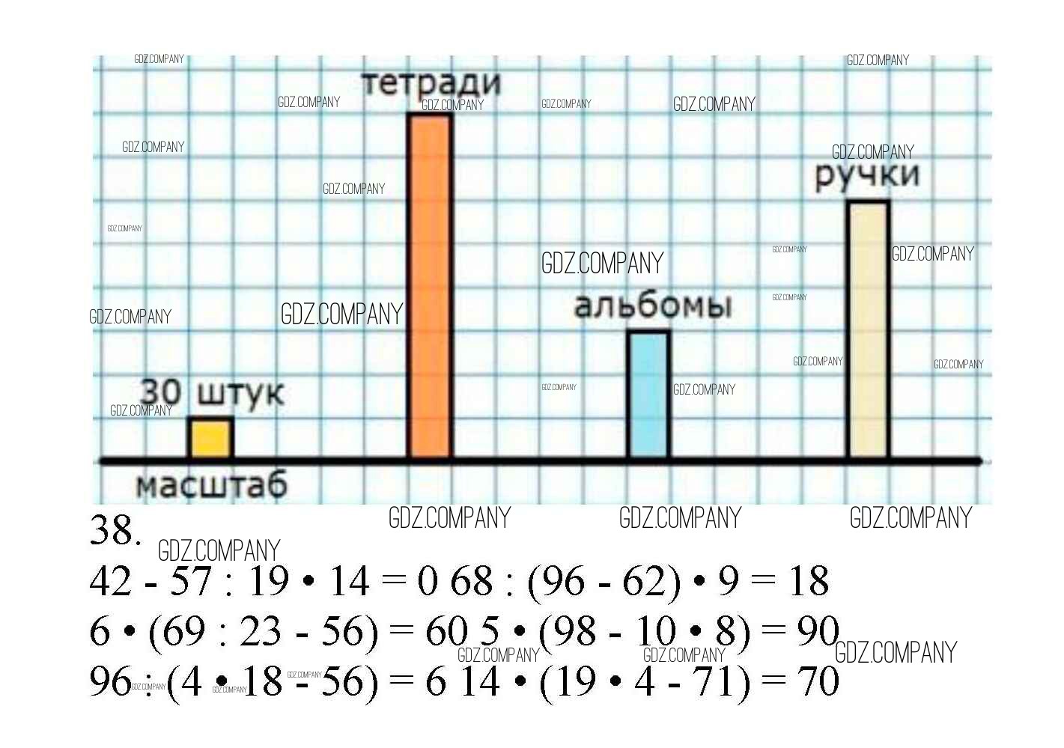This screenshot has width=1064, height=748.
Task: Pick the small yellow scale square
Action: [x=210, y=437]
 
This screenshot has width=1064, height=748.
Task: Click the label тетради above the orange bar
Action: [x=431, y=82]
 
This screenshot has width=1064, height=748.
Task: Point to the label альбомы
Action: [x=652, y=305]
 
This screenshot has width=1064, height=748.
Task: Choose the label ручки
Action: [x=867, y=175]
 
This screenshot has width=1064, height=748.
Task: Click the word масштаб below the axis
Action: [x=211, y=485]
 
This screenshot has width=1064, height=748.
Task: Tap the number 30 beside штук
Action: [x=161, y=392]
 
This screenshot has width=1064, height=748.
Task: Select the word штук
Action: [x=240, y=394]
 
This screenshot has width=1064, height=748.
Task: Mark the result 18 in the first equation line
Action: [x=809, y=581]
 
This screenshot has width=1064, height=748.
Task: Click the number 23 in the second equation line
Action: [x=260, y=631]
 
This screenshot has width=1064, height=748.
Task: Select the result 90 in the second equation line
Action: [x=817, y=631]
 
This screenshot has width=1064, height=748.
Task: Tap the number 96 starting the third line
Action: [x=110, y=681]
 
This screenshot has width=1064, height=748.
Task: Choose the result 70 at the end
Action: [x=818, y=681]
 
